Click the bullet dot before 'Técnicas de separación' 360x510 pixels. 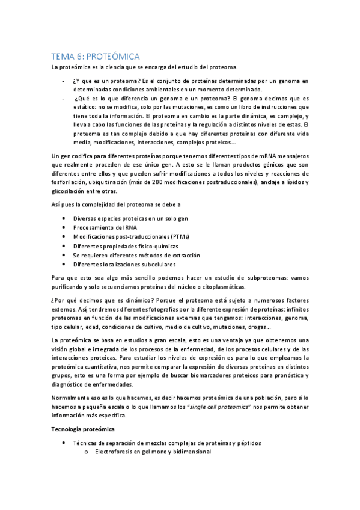tap(64, 443)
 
